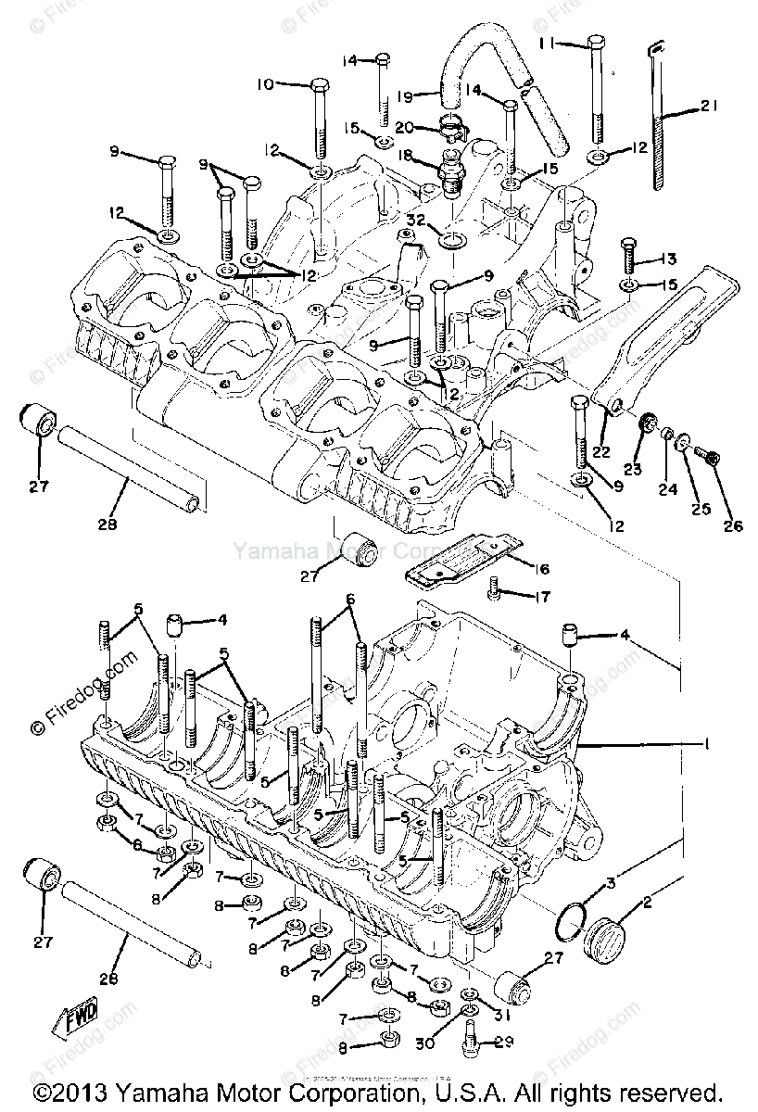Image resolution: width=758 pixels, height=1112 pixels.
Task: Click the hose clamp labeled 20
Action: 451,133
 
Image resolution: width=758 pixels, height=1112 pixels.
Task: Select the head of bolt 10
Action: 316,83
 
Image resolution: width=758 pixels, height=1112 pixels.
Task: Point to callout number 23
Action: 633,470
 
